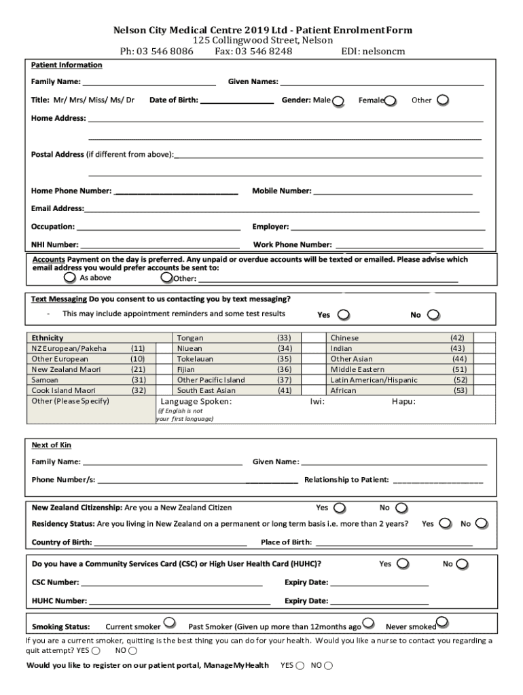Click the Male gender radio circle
[x=338, y=101]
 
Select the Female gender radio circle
[x=390, y=101]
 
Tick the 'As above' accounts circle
[x=70, y=278]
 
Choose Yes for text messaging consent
[x=344, y=315]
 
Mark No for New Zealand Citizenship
[x=401, y=508]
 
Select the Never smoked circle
[x=442, y=622]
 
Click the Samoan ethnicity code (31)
[x=139, y=380]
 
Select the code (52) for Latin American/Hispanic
[x=460, y=380]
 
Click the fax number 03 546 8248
[x=253, y=51]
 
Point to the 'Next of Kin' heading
[x=52, y=445]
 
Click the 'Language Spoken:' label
[x=196, y=402]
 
